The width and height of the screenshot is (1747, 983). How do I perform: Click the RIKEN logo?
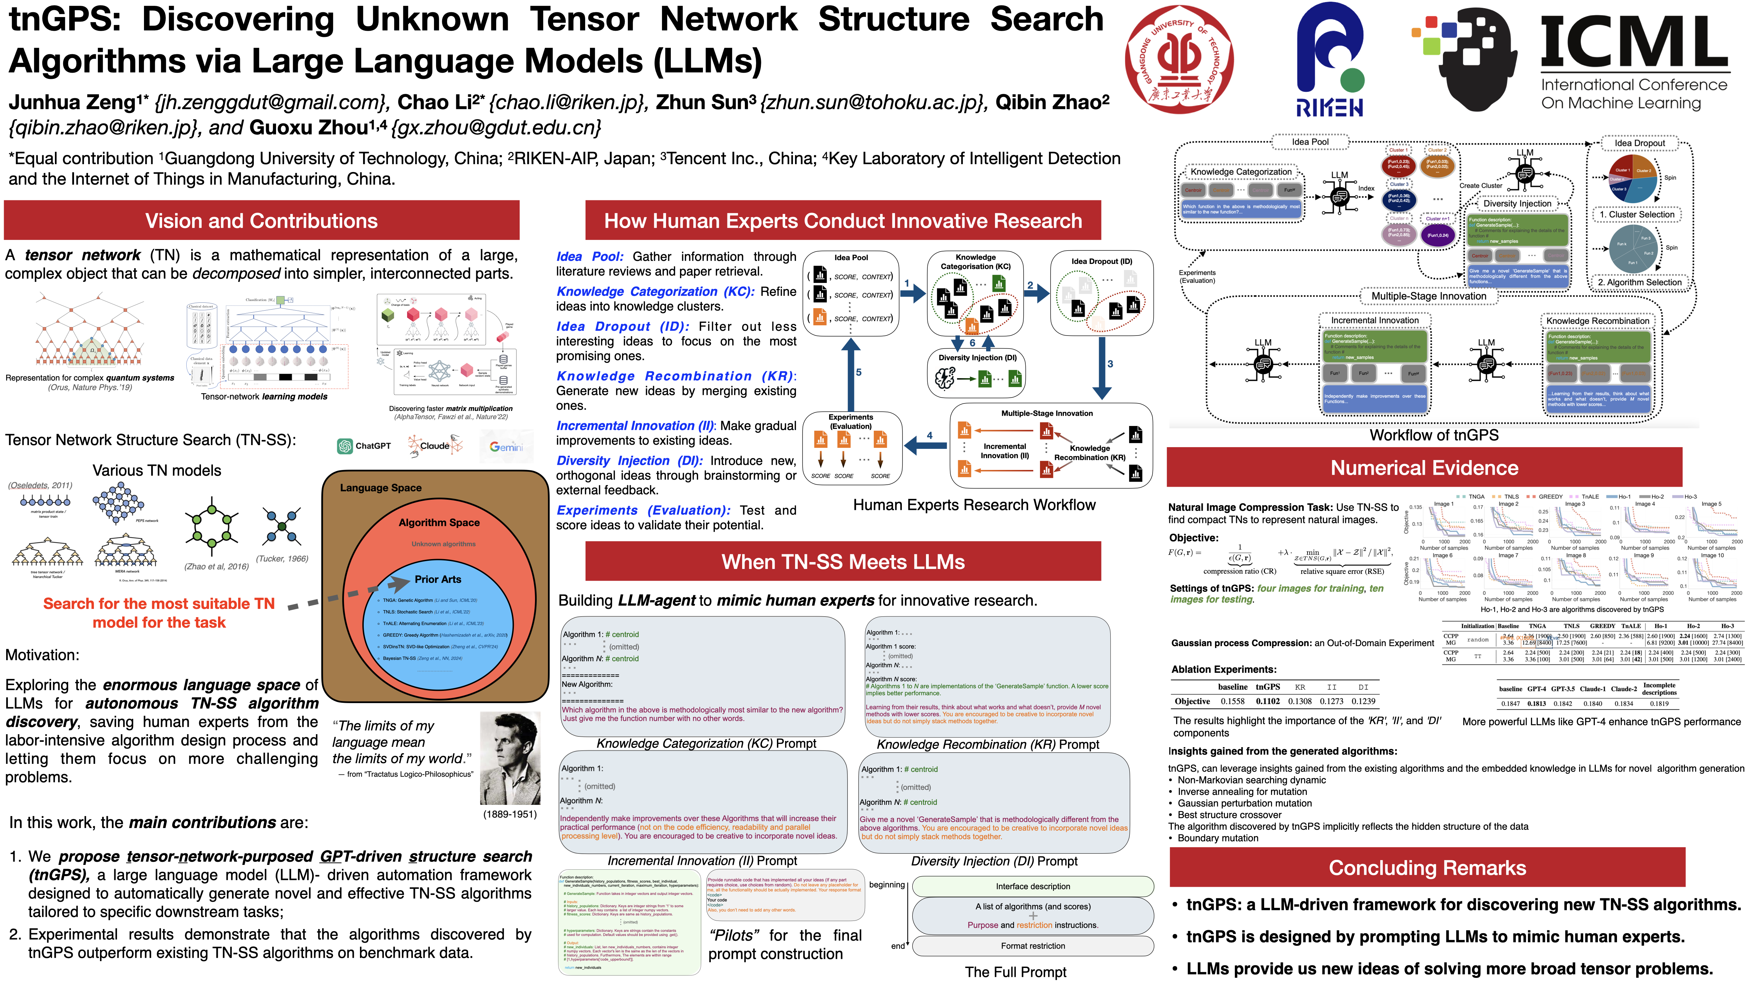click(x=1329, y=61)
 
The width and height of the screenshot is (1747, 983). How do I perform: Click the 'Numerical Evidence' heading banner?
click(x=1424, y=468)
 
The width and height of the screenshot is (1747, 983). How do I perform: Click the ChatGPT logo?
click(x=364, y=446)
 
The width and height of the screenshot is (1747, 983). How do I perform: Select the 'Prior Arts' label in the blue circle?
click(x=437, y=579)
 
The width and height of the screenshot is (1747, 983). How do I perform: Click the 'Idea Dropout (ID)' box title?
click(x=1101, y=261)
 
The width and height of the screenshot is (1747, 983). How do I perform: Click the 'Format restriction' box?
click(x=1032, y=946)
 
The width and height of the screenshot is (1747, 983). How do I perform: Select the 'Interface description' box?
click(x=1032, y=886)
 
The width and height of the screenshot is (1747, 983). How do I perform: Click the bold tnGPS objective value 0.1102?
click(x=1268, y=701)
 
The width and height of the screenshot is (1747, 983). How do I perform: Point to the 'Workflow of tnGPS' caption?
click(x=1434, y=435)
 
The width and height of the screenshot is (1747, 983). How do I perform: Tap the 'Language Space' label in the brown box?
click(x=380, y=488)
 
